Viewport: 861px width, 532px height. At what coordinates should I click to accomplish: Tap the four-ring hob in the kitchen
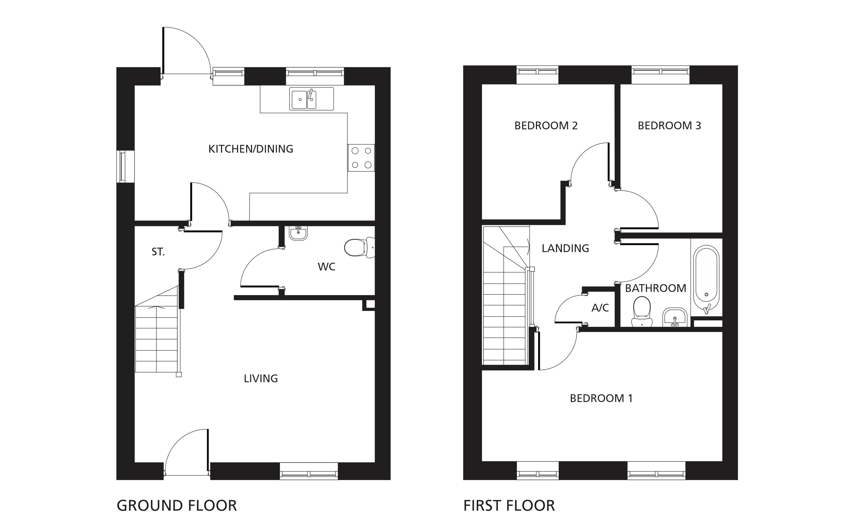[361, 158]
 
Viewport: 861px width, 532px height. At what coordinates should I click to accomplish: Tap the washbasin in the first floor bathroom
[675, 317]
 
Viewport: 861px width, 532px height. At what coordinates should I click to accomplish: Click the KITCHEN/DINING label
[251, 149]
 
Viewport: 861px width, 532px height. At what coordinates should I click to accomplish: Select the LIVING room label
[261, 379]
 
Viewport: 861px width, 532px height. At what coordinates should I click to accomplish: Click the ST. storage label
[158, 252]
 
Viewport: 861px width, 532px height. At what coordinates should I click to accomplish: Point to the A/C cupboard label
[600, 308]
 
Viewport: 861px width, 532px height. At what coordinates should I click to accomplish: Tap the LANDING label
[565, 248]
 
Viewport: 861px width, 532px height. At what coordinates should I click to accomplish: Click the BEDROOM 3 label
[669, 125]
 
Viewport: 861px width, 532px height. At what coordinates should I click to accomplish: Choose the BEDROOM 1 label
[601, 398]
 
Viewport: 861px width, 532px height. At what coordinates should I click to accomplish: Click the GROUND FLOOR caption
[177, 506]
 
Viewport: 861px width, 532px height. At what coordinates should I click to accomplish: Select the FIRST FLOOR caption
[509, 506]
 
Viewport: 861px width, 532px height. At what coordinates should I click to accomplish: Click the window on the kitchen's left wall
[122, 167]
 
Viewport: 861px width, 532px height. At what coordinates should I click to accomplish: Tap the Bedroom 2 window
[537, 75]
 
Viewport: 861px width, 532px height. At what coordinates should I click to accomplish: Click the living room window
[308, 471]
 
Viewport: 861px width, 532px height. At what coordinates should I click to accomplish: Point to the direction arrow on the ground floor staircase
[156, 308]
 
